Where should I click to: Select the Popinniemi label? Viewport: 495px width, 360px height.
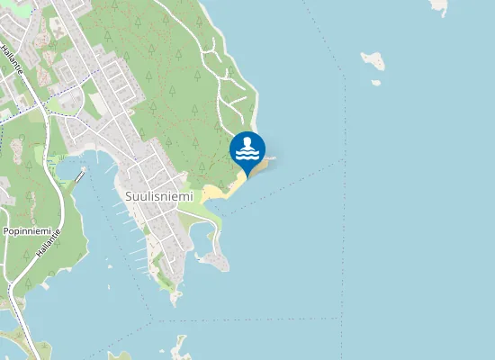(x=24, y=231)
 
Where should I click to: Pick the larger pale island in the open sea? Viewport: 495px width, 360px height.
(x=373, y=61)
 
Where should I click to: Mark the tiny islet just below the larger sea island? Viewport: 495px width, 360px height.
(x=375, y=83)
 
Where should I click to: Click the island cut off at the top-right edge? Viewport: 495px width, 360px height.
(x=439, y=5)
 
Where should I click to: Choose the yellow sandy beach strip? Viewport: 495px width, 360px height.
(x=220, y=190)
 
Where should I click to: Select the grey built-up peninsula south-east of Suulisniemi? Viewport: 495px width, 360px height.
(x=214, y=260)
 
